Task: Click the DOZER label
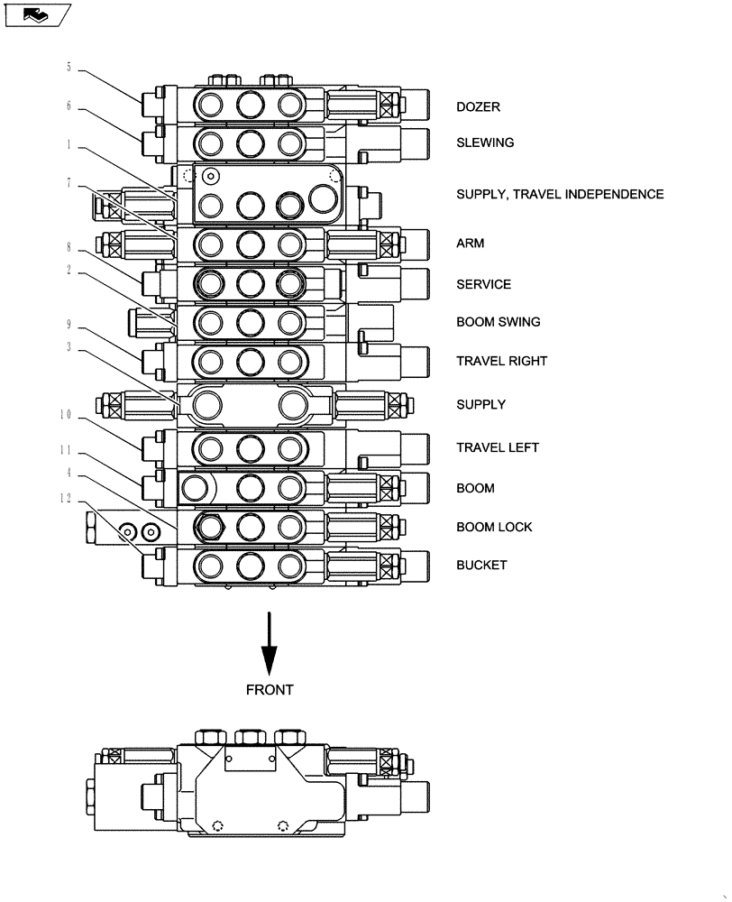[478, 106]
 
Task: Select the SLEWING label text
[485, 143]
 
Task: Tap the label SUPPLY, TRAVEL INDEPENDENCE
[560, 194]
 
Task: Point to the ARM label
[470, 243]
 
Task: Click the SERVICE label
[483, 284]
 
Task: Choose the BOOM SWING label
[499, 322]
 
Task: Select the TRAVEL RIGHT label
[501, 361]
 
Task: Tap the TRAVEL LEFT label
[498, 447]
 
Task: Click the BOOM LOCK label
[494, 527]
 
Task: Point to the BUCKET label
[481, 565]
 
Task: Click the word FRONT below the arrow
[270, 690]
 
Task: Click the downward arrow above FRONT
[269, 644]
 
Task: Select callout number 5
[69, 67]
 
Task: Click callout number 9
[69, 323]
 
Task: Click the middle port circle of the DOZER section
[250, 106]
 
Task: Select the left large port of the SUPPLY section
[204, 404]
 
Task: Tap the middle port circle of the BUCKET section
[250, 566]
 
